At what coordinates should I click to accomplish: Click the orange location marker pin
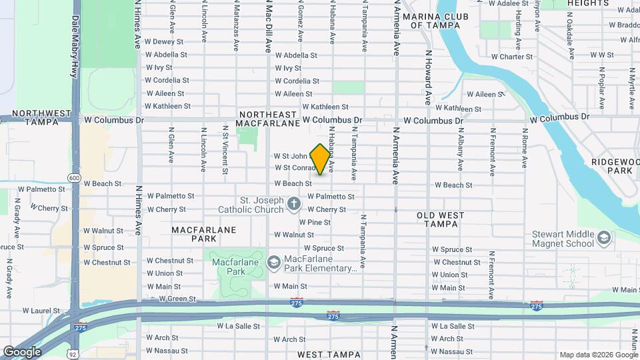coord(320,159)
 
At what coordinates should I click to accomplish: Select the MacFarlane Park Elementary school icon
coord(273,263)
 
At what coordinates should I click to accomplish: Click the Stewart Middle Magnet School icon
coord(603,238)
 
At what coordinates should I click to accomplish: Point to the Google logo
coord(22,351)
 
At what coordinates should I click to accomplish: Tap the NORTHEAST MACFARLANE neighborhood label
coord(269,119)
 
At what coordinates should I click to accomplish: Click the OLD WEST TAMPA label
coord(441,219)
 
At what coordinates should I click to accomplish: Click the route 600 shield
coord(73,178)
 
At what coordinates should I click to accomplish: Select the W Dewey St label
coord(163,41)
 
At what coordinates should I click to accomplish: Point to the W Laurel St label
coord(42,310)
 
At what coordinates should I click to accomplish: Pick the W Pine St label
coord(315,222)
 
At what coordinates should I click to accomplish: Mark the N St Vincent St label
coord(225,149)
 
